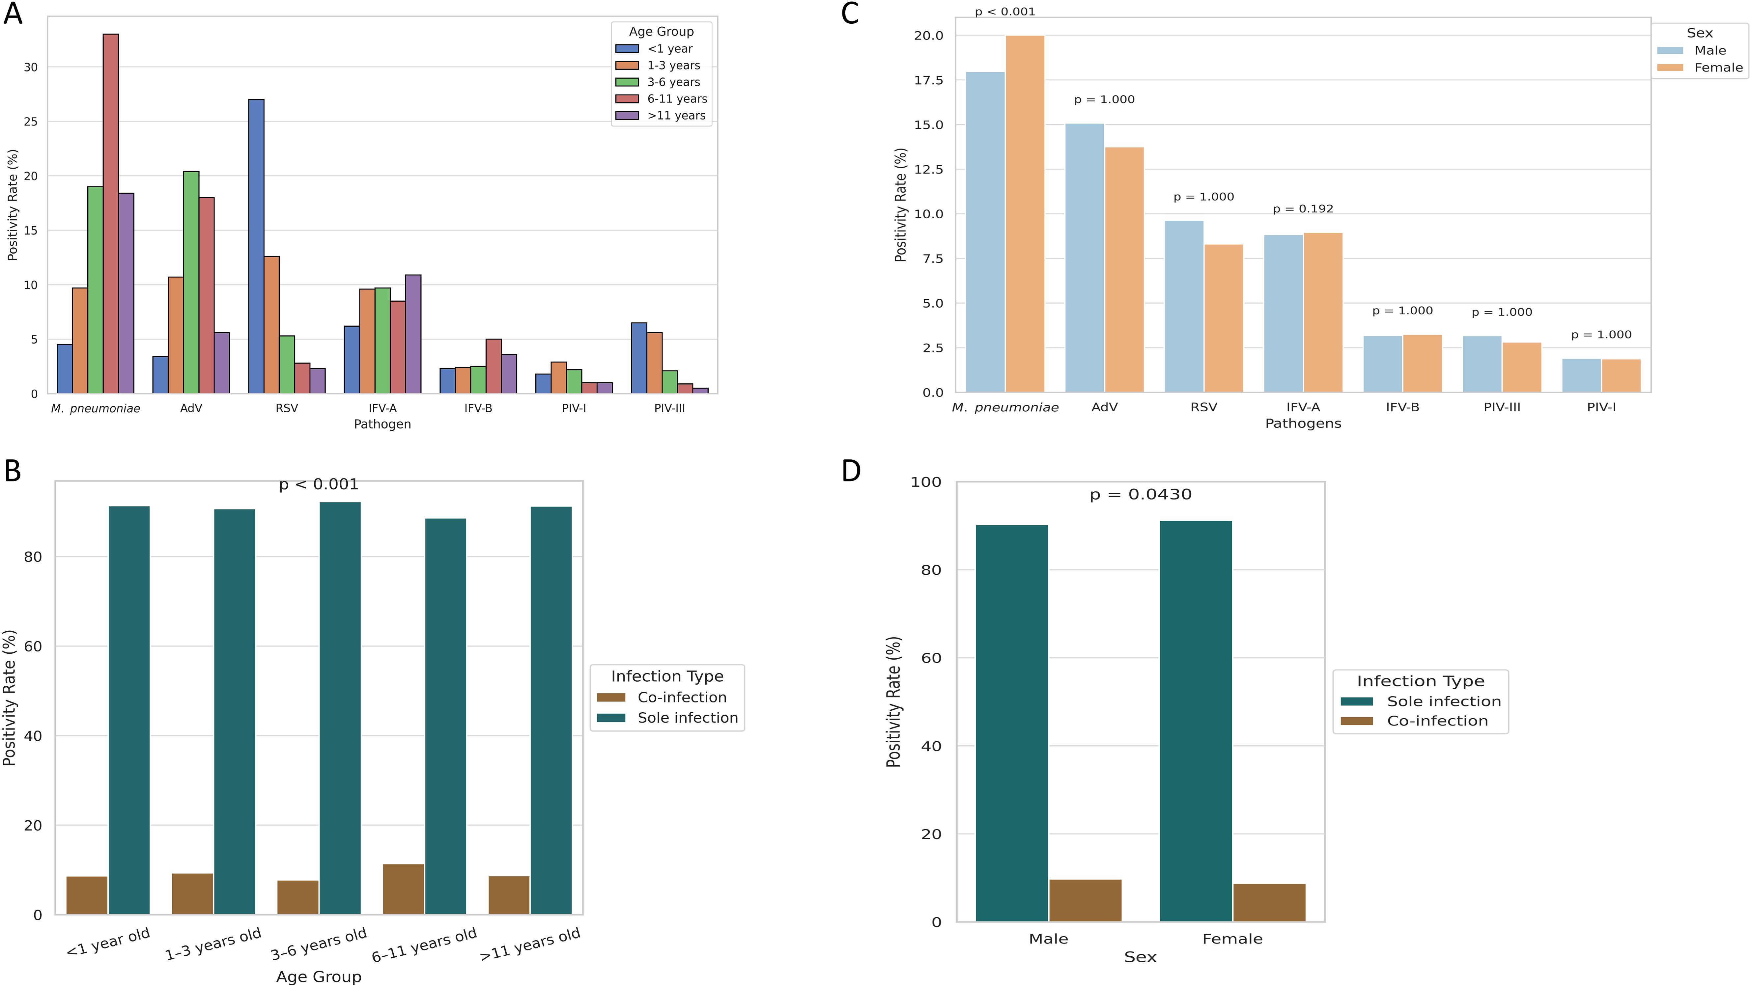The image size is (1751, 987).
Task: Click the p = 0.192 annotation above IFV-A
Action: click(x=1303, y=208)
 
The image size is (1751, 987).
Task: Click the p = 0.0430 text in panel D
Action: click(x=1141, y=495)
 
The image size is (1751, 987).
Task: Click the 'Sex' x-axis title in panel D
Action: click(x=1140, y=957)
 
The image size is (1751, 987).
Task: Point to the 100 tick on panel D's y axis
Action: click(x=926, y=482)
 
